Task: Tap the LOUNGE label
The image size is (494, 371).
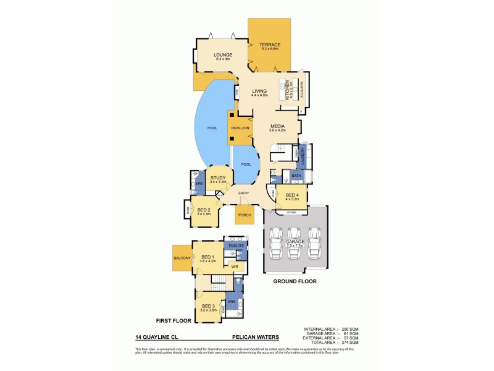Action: click(x=223, y=55)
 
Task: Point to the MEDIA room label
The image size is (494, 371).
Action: click(x=276, y=125)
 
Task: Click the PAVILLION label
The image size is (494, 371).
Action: click(x=240, y=127)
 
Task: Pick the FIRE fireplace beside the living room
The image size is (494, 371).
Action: click(x=237, y=93)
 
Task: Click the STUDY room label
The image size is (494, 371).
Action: click(x=218, y=178)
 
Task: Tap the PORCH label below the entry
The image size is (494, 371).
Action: click(x=244, y=216)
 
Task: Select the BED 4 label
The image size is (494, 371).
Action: click(x=291, y=195)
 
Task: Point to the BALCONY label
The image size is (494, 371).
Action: click(x=182, y=258)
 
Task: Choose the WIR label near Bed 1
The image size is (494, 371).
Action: click(x=234, y=267)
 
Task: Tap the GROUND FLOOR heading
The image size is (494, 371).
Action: click(x=295, y=281)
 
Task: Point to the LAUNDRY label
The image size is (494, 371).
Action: click(x=303, y=156)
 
